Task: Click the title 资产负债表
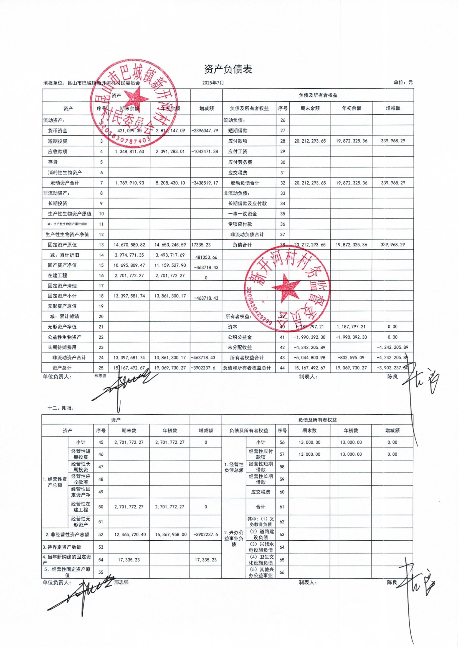click(228, 69)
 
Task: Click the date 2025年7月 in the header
click(213, 83)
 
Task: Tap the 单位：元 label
click(403, 82)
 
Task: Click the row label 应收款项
click(58, 152)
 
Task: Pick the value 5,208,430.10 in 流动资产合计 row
click(170, 183)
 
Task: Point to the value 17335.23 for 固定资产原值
click(201, 245)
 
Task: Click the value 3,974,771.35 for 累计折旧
click(129, 255)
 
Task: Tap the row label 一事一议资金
click(242, 214)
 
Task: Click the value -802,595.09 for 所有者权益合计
click(351, 358)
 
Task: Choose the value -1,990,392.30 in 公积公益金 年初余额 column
click(351, 337)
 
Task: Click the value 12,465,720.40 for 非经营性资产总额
click(130, 535)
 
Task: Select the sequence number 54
click(101, 560)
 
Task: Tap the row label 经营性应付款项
click(260, 454)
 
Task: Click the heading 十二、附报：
click(61, 408)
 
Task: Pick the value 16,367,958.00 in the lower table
click(170, 535)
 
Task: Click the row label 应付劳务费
click(240, 162)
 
